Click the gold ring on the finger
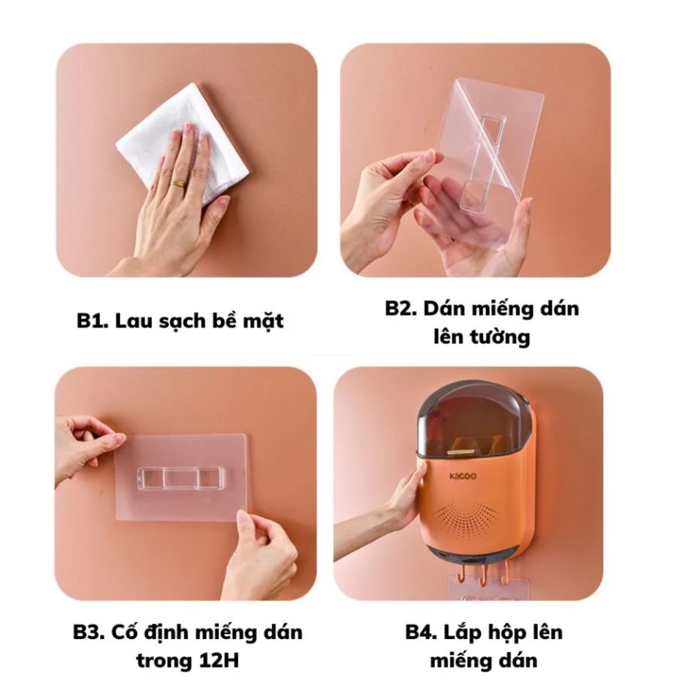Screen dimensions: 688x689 [178, 183]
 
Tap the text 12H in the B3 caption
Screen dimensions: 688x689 [218, 661]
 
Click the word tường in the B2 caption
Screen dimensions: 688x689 [504, 337]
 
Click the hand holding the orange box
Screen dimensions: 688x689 [403, 499]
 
